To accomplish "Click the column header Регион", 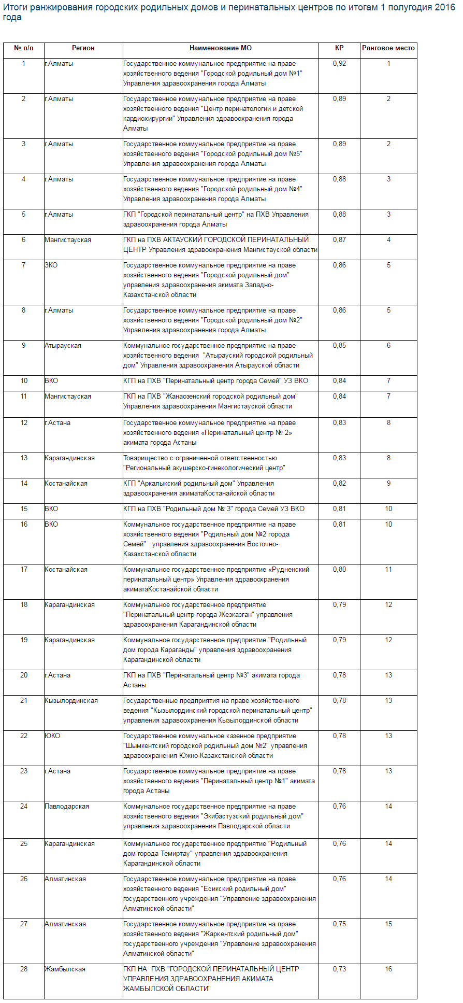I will [x=83, y=48].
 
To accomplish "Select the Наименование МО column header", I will [x=220, y=48].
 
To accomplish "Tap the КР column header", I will [x=339, y=48].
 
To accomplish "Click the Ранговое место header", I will [x=388, y=48].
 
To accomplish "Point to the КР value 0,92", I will [x=339, y=64].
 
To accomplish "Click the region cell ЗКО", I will [x=51, y=265].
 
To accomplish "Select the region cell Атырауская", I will [x=63, y=346].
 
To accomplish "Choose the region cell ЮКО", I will [x=52, y=736].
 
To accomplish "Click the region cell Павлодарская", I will [x=67, y=807].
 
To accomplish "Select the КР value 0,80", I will [x=339, y=570].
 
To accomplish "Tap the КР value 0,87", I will [x=339, y=240].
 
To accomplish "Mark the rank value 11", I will [x=388, y=570].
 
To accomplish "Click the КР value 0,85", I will [x=339, y=346].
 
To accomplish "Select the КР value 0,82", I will [x=339, y=484].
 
